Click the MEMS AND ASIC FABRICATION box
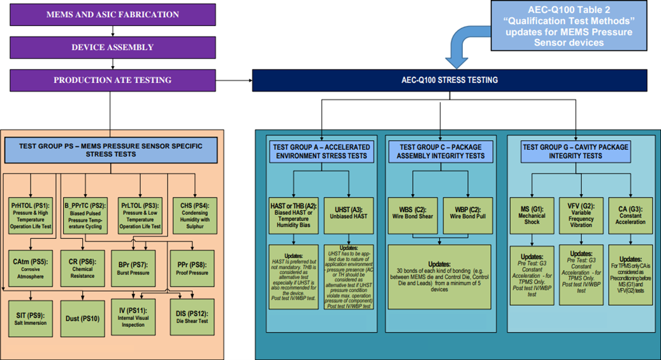pos(113,14)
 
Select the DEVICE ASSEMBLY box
pos(113,47)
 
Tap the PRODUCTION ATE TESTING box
pos(113,80)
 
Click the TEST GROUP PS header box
pos(113,152)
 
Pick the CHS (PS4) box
pos(195,215)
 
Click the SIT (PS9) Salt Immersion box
pos(32,317)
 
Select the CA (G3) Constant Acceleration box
pos(630,215)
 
